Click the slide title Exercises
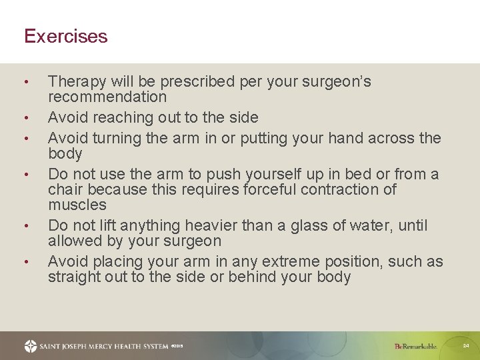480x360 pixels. coord(65,36)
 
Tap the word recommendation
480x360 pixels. coord(107,97)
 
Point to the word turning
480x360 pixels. coord(117,139)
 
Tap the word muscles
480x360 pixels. coord(77,205)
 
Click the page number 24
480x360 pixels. coord(466,346)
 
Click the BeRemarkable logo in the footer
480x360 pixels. coord(415,347)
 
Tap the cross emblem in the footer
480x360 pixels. coord(31,346)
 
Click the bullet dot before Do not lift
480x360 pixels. coord(25,225)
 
